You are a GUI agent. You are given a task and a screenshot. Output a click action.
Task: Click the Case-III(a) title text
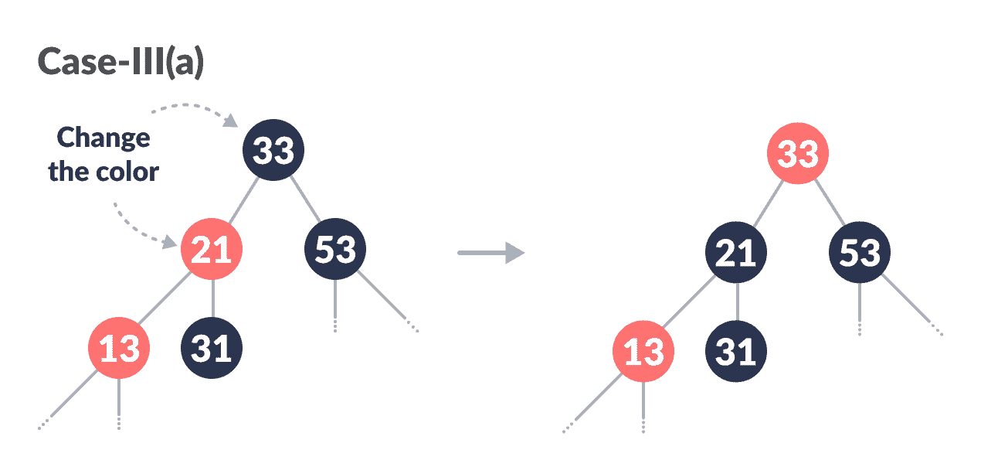coord(121,63)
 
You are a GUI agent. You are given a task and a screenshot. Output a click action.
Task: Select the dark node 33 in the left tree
coord(273,150)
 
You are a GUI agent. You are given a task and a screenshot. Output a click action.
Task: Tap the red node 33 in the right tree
coord(797,153)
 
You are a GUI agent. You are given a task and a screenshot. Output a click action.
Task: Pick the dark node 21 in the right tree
coord(735,253)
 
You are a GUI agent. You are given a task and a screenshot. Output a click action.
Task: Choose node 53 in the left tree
coord(334,250)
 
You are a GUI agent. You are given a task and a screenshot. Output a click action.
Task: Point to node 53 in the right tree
coord(859,253)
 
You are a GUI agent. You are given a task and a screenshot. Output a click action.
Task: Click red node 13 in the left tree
coord(118,349)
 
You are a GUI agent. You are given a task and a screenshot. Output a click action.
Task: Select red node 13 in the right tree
coord(643,353)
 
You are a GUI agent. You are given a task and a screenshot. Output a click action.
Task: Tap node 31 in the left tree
coord(212,349)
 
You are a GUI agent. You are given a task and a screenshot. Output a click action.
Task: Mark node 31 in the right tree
coord(735,353)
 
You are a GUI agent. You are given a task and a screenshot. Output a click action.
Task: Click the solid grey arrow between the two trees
coord(491,252)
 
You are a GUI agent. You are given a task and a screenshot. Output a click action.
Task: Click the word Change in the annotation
coord(104,138)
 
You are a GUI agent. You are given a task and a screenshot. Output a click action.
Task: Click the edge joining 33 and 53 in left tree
coord(306,199)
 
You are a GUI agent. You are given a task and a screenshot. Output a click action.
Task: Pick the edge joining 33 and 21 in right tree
coord(766,203)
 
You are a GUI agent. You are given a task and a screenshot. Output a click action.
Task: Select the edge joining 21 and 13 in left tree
coord(164,301)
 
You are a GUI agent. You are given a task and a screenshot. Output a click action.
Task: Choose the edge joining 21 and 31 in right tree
coord(737,302)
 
